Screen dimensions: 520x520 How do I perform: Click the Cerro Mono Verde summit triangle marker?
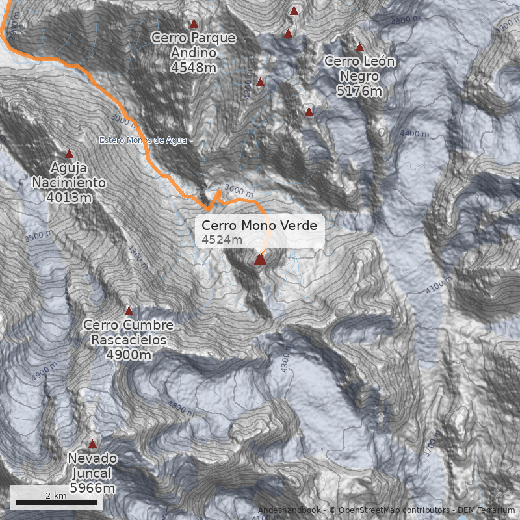point(261,259)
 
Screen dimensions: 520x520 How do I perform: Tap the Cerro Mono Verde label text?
point(259,226)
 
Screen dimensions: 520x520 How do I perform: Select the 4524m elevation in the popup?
point(222,240)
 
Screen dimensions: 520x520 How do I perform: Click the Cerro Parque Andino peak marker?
point(193,24)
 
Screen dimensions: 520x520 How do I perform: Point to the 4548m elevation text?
point(194,66)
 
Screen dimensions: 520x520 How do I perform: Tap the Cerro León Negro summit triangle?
point(359,47)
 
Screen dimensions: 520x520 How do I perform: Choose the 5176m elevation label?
point(359,90)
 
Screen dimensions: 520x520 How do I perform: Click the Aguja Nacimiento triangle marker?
point(70,154)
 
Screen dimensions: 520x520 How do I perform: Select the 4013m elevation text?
point(69,197)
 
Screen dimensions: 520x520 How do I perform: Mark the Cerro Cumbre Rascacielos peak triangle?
point(129,311)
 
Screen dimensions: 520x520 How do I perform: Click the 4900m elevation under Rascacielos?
point(129,355)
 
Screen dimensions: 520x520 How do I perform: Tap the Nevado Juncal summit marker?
point(92,445)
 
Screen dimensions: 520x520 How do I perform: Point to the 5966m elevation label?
point(92,487)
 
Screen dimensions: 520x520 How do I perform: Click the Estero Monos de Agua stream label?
point(143,140)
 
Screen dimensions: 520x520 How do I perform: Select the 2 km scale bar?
point(56,502)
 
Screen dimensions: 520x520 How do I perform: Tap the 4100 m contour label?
point(440,285)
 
